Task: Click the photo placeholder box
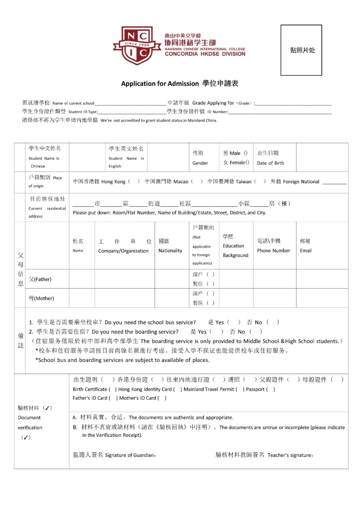(301, 50)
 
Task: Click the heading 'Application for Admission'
(160, 84)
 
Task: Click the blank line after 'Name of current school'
(130, 103)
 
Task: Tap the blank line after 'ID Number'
(280, 112)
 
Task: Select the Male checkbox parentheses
(246, 153)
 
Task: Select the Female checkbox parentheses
(247, 162)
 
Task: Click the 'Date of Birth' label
(270, 163)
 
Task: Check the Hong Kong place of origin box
(134, 181)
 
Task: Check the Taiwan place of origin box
(260, 181)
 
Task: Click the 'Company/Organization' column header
(123, 251)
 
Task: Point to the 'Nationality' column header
(170, 250)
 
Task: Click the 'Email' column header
(306, 250)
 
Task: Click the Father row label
(40, 279)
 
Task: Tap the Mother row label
(41, 298)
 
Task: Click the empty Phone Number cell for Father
(274, 279)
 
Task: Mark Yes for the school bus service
(234, 322)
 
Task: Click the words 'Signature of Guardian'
(130, 455)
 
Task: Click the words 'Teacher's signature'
(290, 455)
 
